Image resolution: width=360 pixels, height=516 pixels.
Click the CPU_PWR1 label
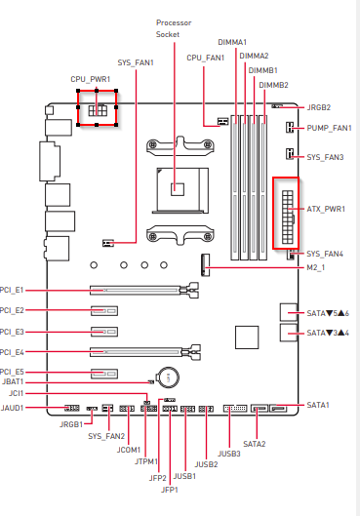pos(90,79)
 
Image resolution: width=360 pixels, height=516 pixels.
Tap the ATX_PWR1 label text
pos(326,209)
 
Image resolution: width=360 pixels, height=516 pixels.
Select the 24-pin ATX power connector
pos(287,217)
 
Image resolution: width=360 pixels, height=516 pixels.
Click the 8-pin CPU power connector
pos(98,110)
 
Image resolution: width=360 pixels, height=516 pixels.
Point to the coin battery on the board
pos(168,377)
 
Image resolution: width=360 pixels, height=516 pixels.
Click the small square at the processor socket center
pos(178,189)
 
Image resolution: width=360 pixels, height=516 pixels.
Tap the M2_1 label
pos(315,267)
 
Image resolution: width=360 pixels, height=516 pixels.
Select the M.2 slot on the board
pos(205,265)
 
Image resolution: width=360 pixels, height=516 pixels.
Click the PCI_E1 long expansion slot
pos(144,291)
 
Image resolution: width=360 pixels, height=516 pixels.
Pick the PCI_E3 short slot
pos(104,332)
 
